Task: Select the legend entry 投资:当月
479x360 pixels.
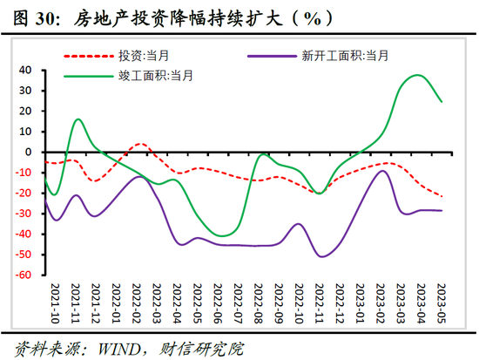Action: coord(145,56)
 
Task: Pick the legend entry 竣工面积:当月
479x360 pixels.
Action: coord(157,76)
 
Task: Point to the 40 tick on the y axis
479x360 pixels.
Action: coord(25,70)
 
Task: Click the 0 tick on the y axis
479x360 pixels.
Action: coord(29,153)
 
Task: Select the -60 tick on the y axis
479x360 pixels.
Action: coord(24,275)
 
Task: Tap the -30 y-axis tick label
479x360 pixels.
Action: coord(24,214)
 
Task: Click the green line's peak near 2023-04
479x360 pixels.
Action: coord(419,75)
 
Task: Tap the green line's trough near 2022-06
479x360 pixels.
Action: coord(223,235)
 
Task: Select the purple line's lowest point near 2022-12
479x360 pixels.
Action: coord(323,256)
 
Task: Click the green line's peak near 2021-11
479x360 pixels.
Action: coord(78,119)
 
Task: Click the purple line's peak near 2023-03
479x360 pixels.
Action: coord(384,170)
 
